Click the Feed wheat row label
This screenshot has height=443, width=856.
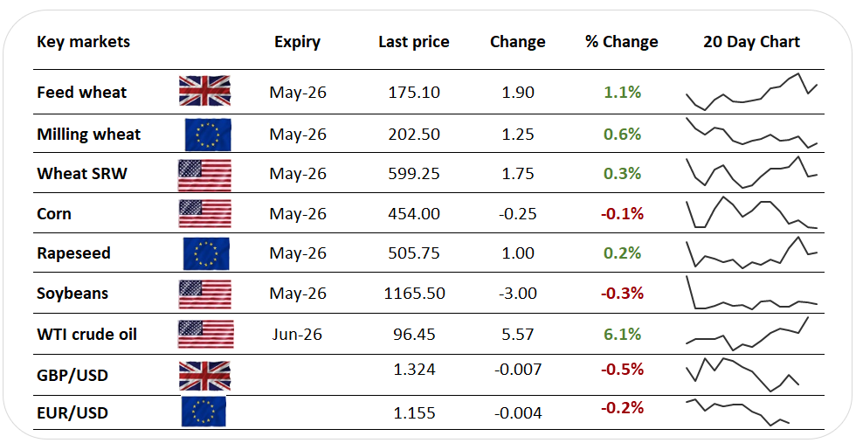(81, 93)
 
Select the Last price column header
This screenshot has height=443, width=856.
(413, 42)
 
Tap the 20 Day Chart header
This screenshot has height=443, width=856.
(751, 42)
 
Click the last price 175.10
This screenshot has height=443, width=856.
(413, 93)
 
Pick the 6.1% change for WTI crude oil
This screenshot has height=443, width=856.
(622, 334)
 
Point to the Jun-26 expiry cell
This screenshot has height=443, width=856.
(297, 334)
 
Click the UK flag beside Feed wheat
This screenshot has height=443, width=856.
(204, 91)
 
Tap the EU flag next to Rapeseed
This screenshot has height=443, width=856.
(206, 253)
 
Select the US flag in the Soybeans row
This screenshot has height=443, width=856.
(204, 294)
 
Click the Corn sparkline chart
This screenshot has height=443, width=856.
(751, 213)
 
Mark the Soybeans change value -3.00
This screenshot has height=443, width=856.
(517, 294)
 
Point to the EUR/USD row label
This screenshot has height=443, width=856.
(72, 412)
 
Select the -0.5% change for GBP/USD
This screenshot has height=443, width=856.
(622, 370)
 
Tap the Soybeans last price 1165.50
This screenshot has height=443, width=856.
(413, 294)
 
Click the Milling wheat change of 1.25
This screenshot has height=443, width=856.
(517, 135)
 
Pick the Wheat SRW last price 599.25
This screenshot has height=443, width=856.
(413, 174)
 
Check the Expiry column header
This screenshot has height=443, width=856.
(297, 42)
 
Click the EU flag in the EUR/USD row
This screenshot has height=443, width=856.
(204, 411)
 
